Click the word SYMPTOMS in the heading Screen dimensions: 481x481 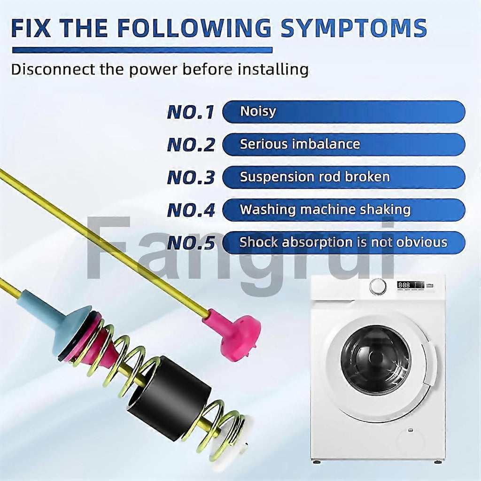pos(354,28)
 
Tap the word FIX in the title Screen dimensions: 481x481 pos(31,28)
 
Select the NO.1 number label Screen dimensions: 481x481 pos(191,112)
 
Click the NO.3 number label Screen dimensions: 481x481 pos(191,178)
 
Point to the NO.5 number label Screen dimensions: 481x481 pos(191,243)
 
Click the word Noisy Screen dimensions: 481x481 pos(258,112)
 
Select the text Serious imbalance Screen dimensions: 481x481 pos(300,144)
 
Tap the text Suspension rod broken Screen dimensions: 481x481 pos(315,177)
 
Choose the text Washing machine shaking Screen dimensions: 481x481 pos(325,209)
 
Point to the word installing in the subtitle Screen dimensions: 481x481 pos(273,70)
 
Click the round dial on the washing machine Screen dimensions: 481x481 pos(378,287)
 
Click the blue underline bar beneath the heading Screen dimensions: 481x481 pos(142,50)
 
